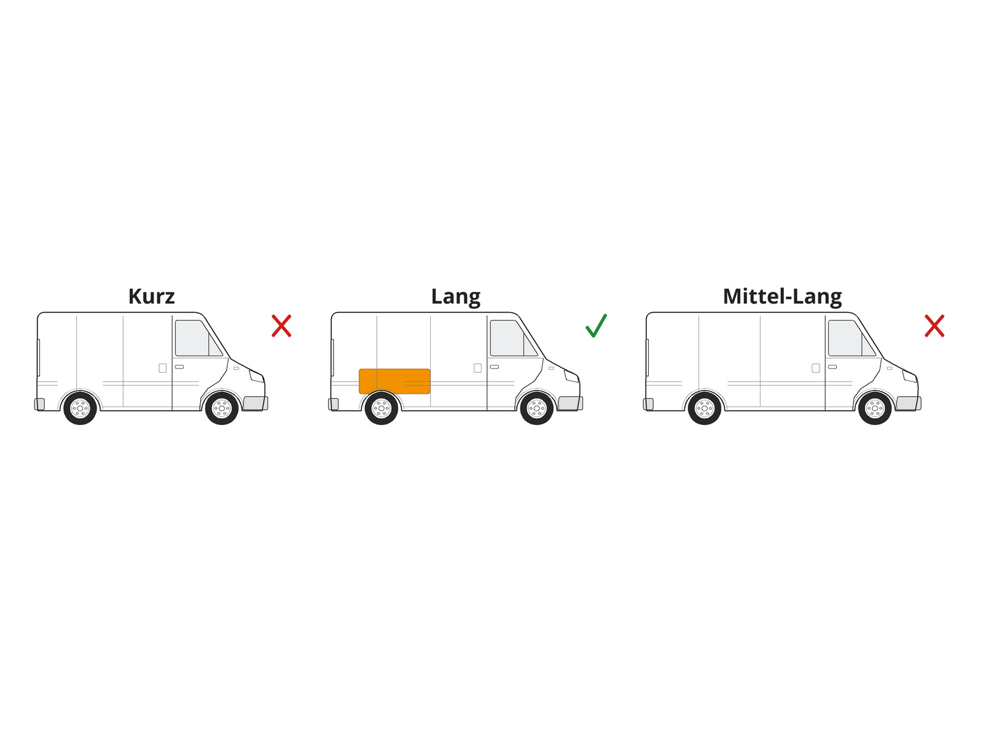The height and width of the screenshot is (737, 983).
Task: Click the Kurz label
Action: click(151, 297)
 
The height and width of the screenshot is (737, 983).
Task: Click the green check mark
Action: click(596, 326)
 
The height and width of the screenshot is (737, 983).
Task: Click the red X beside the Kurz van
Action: click(281, 326)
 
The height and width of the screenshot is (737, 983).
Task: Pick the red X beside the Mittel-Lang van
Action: click(934, 326)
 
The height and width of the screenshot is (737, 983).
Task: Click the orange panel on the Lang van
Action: click(394, 381)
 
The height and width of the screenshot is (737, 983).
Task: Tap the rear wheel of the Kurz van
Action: click(80, 408)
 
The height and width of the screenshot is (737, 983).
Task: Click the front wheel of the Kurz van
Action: click(222, 408)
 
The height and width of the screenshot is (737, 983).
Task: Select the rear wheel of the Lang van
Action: click(382, 408)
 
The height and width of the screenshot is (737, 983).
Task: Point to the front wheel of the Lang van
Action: click(536, 408)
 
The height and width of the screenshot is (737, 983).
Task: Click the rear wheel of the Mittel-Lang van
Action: click(705, 408)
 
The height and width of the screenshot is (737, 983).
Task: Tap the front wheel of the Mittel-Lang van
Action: click(875, 408)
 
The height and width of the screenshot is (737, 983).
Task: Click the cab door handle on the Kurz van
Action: click(179, 367)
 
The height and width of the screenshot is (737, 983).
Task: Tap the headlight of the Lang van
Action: click(571, 376)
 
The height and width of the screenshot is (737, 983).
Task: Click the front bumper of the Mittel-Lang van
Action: click(908, 403)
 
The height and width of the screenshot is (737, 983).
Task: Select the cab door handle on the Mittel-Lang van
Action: click(832, 367)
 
